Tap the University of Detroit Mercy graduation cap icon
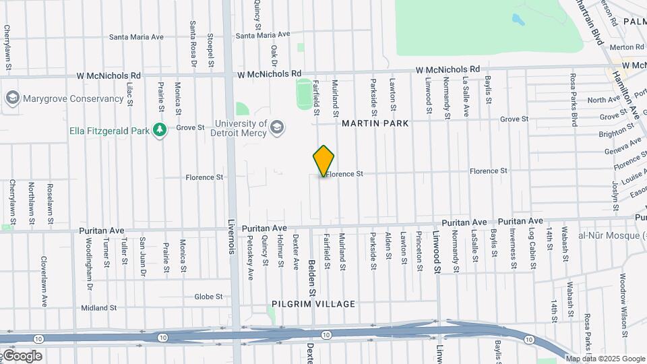[276, 127]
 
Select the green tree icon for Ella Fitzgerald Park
[160, 129]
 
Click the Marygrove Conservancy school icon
[11, 98]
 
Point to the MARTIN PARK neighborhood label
[375, 123]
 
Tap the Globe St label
[208, 297]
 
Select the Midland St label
[99, 308]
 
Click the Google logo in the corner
[22, 356]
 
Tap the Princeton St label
[419, 252]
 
